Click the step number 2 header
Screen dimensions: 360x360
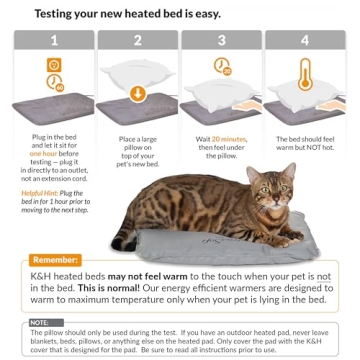point(139,42)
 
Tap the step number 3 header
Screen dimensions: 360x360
point(223,42)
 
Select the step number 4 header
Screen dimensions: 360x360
point(305,42)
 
